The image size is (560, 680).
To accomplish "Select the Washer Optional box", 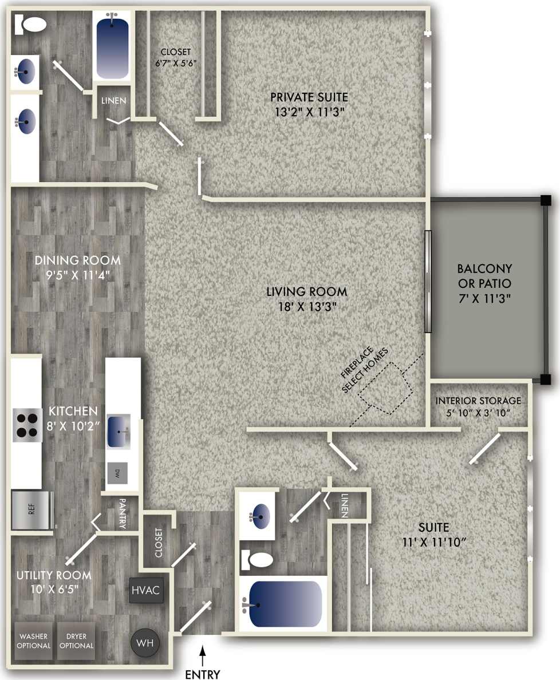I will (34, 641).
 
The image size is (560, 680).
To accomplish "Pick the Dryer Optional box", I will (77, 641).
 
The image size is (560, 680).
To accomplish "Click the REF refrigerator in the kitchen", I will (32, 509).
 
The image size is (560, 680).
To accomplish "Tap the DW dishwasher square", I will (118, 473).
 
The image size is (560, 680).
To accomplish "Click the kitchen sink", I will (119, 430).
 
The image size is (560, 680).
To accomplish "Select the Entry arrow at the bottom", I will (202, 652).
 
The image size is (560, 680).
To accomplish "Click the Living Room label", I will (307, 292).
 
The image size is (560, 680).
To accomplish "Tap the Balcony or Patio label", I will (484, 276).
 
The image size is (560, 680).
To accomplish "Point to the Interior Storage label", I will (478, 401).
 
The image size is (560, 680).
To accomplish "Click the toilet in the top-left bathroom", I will (34, 23).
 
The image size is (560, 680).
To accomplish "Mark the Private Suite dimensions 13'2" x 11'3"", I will (309, 112).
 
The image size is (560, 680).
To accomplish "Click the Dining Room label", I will (78, 260).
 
